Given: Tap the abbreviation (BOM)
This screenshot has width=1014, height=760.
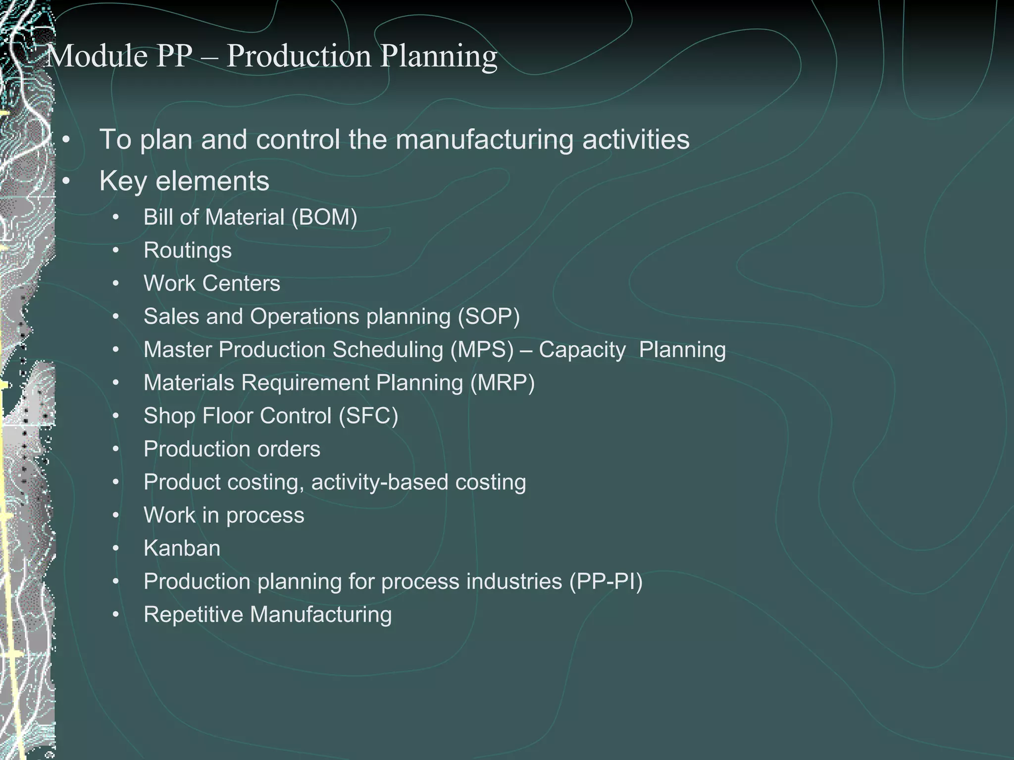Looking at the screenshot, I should point(324,217).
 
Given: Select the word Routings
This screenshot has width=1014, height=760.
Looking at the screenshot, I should point(187,250).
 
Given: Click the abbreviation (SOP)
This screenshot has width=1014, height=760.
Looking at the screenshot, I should point(489,317).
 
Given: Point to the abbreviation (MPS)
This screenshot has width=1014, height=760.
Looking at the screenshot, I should point(482,350).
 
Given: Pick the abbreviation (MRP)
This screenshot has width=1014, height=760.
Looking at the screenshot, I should point(503,383).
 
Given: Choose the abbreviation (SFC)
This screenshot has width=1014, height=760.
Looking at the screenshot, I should point(368,416).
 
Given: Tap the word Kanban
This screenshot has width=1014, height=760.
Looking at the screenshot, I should point(182,548).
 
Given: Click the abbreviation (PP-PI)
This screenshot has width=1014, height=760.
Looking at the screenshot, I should point(606,581).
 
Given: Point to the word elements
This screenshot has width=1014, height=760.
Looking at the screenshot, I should point(212,181).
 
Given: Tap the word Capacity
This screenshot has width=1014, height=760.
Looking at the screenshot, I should point(582,350).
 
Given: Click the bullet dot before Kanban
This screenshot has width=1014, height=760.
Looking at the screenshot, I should point(116,548).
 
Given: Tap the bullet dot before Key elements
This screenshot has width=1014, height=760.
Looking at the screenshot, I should point(66,181).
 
